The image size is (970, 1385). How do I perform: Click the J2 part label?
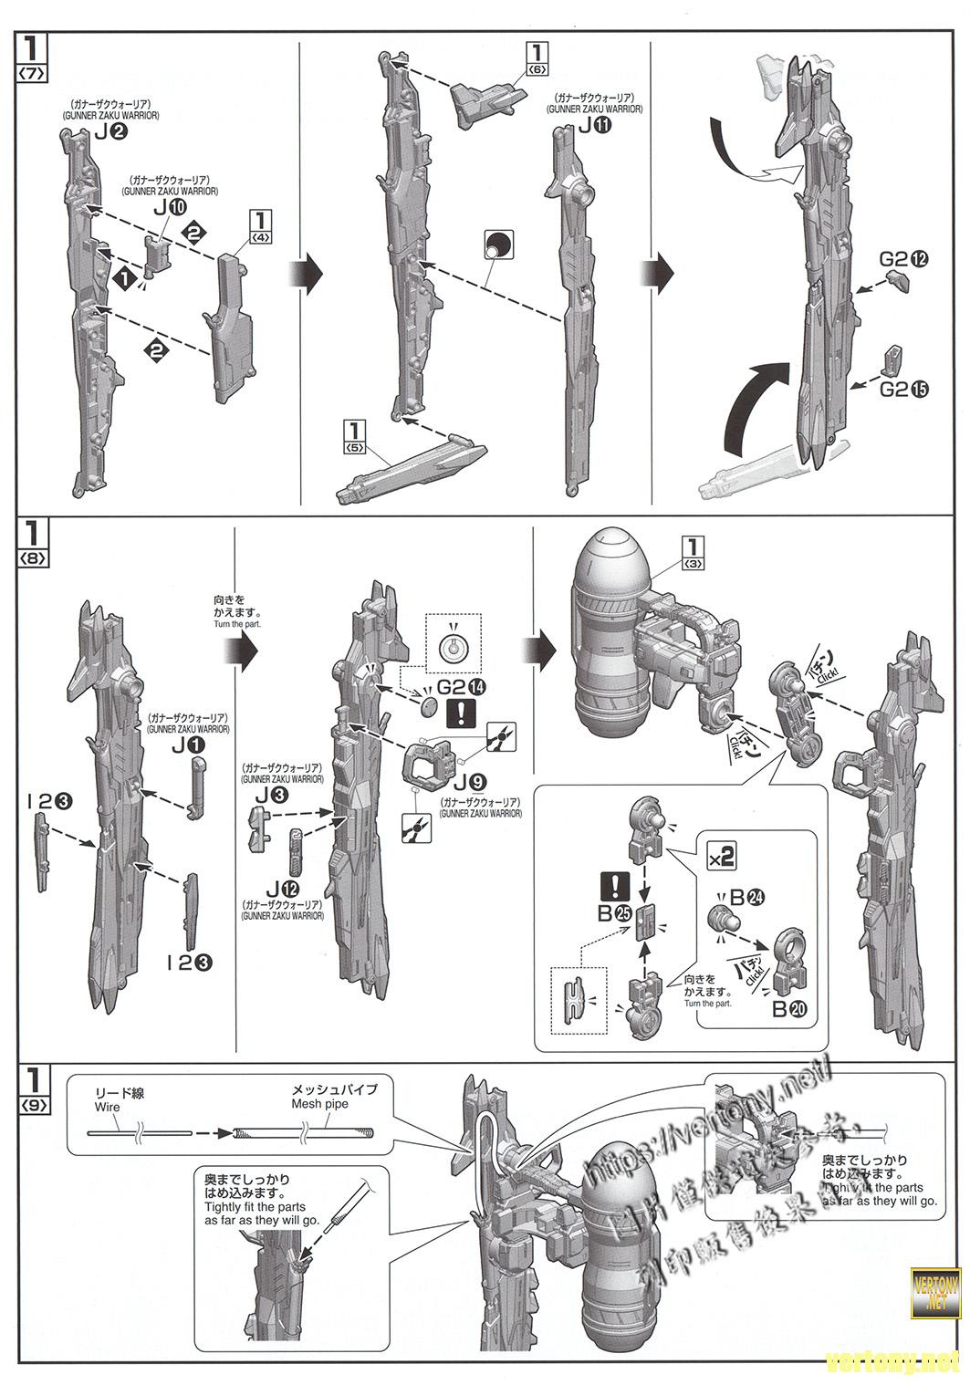[x=110, y=133]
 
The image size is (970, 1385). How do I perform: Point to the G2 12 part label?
[x=904, y=259]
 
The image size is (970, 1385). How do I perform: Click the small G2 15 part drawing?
[x=894, y=359]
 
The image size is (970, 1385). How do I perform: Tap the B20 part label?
[x=790, y=1009]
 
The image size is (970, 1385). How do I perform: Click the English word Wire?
[x=107, y=1107]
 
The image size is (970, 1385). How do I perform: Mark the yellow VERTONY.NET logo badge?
[x=936, y=1284]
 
